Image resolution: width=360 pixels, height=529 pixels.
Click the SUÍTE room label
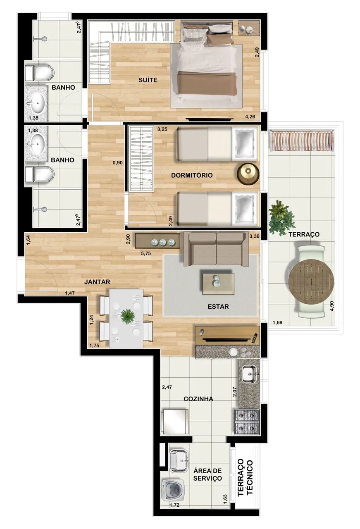click(148, 80)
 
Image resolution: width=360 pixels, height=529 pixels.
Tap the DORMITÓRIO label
click(192, 175)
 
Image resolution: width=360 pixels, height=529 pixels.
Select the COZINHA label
click(198, 399)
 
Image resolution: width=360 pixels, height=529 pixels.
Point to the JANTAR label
click(97, 282)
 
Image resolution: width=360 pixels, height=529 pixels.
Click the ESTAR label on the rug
click(218, 307)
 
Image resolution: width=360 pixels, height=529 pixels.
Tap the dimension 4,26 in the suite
click(250, 117)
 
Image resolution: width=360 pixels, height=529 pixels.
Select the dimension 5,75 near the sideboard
click(146, 253)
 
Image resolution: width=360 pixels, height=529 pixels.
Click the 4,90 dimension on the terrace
click(332, 306)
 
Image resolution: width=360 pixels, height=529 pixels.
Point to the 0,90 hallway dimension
click(118, 162)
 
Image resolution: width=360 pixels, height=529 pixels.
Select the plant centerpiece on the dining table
click(128, 316)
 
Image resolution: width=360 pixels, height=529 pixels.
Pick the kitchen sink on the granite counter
click(249, 374)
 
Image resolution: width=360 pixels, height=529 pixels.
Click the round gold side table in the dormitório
click(248, 174)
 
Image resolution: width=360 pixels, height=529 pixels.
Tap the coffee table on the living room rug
click(219, 284)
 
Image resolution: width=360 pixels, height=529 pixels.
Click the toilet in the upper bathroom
click(40, 72)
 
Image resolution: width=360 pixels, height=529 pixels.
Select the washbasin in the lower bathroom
click(36, 144)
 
